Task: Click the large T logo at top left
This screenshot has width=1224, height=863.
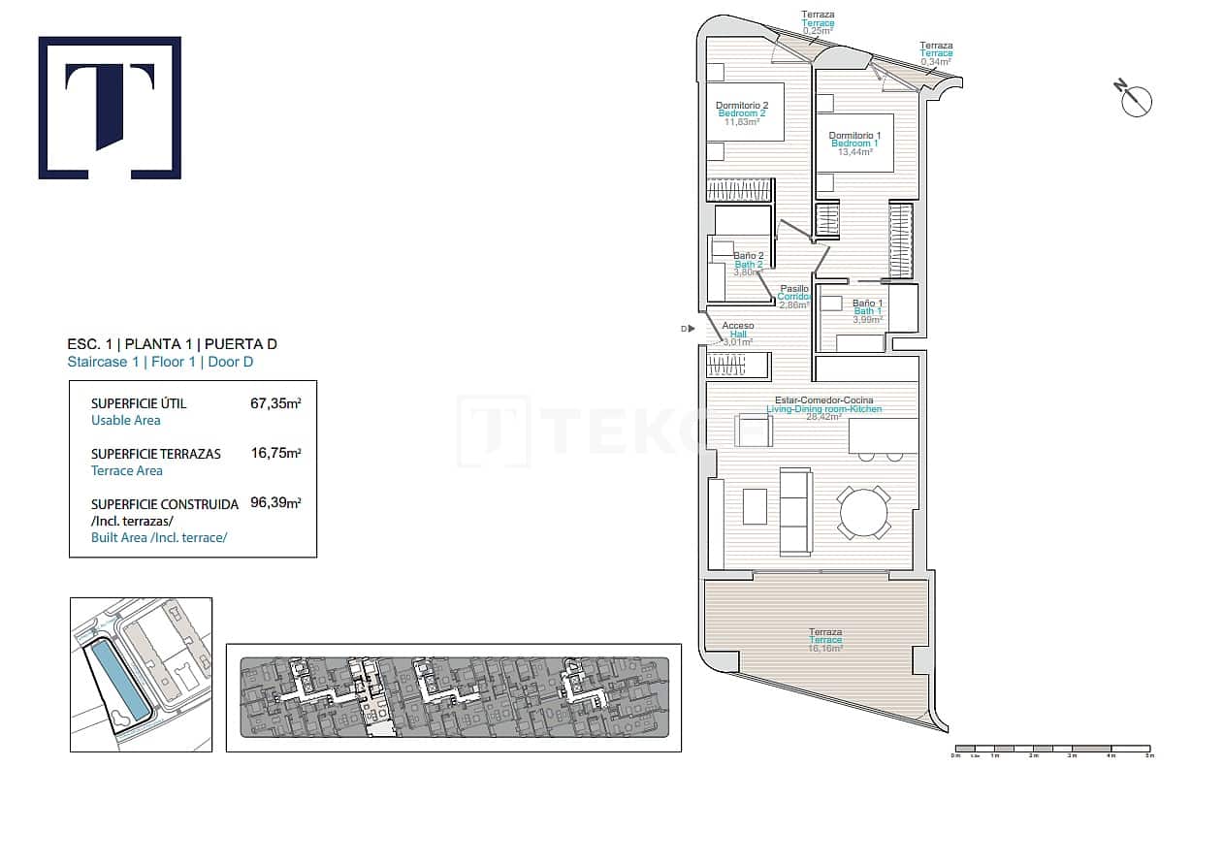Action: pos(110,108)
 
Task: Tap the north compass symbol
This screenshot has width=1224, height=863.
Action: pos(1135,100)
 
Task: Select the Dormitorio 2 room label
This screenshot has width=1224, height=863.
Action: pos(742,113)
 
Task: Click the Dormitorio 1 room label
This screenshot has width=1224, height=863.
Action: pos(854,144)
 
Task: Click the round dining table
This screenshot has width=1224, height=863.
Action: pos(863,513)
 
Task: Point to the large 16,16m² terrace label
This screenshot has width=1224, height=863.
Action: pos(825,640)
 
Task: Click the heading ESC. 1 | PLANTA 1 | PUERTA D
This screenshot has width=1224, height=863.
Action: pos(164,344)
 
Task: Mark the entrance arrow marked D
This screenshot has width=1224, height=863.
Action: pos(688,330)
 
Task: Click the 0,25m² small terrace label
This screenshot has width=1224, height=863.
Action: pos(818,30)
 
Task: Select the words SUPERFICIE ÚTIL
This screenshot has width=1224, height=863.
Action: pos(139,403)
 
